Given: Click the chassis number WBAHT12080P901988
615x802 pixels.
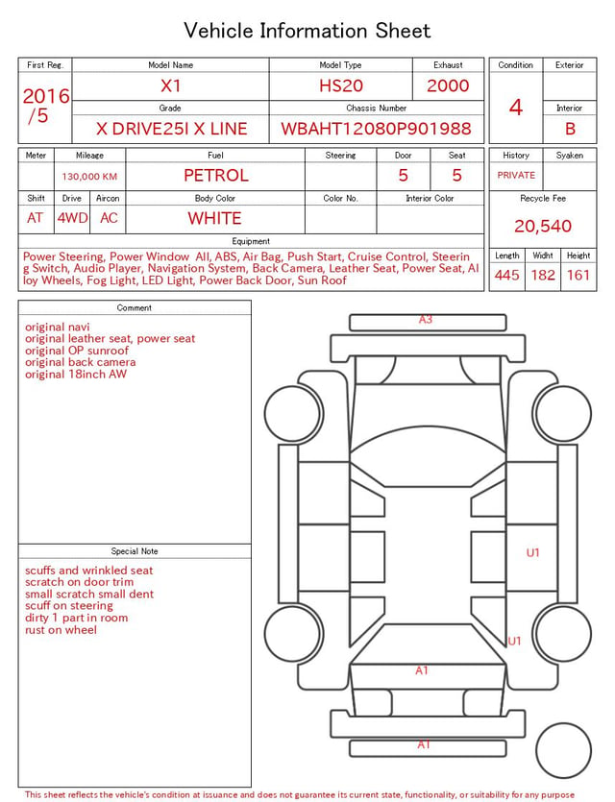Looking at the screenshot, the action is point(376,129).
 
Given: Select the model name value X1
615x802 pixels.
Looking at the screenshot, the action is point(170,85).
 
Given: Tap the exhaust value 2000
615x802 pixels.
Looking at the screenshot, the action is point(448,85).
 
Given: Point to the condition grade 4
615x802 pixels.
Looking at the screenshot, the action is point(516,108).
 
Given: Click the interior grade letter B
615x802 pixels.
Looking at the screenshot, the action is point(570,129).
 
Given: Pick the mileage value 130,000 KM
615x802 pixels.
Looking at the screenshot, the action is point(89,177).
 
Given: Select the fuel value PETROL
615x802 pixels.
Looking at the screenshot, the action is point(216,176).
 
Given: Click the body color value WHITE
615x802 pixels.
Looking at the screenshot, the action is point(214,218).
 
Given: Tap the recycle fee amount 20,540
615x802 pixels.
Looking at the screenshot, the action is point(543,226).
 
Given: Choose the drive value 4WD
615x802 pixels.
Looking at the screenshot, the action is point(72,218).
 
